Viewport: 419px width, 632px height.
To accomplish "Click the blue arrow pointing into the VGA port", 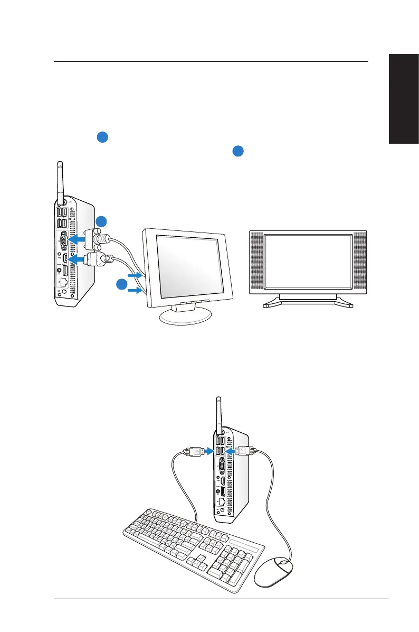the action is point(81,238).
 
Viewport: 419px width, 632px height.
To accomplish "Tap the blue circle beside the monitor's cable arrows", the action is point(121,285).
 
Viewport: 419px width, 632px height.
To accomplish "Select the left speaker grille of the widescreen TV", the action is point(256,263).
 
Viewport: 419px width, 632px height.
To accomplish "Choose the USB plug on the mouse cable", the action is point(244,451).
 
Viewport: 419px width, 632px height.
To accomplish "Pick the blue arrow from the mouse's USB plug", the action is point(230,451).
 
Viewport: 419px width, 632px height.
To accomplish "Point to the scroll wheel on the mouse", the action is point(284,563).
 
